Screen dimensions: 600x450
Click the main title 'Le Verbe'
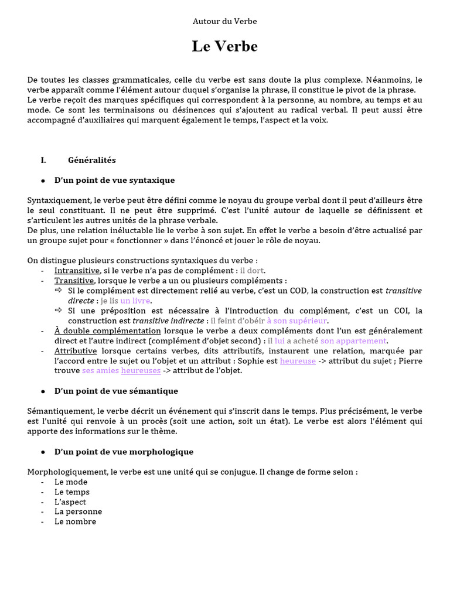coord(224,47)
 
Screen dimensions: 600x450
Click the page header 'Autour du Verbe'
coord(224,21)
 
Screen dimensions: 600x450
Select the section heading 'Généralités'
coord(92,160)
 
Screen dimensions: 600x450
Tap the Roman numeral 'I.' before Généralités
coord(43,160)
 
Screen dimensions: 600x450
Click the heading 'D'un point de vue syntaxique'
coord(114,180)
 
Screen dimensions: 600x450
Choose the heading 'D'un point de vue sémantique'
coord(116,391)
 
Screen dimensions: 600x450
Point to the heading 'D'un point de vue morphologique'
coord(124,452)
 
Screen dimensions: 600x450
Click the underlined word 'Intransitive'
coord(77,270)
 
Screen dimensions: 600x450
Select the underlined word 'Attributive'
coord(76,351)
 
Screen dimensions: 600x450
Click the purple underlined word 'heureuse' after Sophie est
coord(298,361)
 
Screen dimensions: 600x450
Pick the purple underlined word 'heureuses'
coord(141,371)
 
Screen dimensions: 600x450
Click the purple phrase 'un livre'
coord(135,301)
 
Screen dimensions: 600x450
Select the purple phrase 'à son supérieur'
coord(297,321)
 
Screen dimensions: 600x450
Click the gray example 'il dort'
coord(252,270)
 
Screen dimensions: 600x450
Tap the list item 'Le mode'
coord(71,482)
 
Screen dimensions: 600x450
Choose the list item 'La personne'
coord(75,512)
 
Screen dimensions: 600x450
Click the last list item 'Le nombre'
coord(75,521)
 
